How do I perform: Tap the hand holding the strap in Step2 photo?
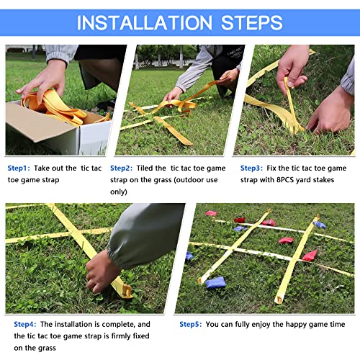coord(174,94)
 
